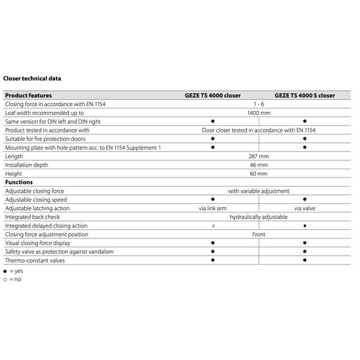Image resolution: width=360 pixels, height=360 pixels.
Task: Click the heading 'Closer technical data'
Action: pyautogui.click(x=32, y=78)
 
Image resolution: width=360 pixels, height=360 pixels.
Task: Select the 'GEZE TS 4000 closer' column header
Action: pyautogui.click(x=212, y=95)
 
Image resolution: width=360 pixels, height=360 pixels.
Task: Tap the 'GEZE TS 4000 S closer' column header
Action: pyautogui.click(x=305, y=95)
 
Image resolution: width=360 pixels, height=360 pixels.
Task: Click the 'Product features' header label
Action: pyautogui.click(x=28, y=95)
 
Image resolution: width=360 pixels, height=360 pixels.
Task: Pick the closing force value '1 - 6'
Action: pyautogui.click(x=259, y=104)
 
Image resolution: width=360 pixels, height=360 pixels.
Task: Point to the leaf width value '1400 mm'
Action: pyautogui.click(x=259, y=113)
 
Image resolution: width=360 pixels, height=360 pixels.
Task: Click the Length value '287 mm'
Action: pyautogui.click(x=259, y=156)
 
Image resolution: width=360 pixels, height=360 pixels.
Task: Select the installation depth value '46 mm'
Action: pyautogui.click(x=259, y=164)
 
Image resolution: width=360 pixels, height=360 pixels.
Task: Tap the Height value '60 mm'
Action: pyautogui.click(x=259, y=173)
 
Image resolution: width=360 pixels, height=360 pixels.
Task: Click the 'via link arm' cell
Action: pyautogui.click(x=212, y=208)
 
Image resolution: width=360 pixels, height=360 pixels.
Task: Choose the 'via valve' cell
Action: pyautogui.click(x=305, y=208)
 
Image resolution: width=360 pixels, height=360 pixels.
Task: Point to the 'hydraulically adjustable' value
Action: pyautogui.click(x=259, y=217)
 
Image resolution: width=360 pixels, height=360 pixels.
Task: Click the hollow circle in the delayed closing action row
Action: pyautogui.click(x=212, y=226)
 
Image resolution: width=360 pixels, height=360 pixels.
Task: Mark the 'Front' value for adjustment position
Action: pyautogui.click(x=259, y=234)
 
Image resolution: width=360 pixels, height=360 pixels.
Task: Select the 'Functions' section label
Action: pyautogui.click(x=19, y=182)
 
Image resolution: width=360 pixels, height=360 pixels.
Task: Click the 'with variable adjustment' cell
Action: pyautogui.click(x=259, y=191)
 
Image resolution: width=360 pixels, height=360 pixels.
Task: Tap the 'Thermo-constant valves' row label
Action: pyautogui.click(x=33, y=260)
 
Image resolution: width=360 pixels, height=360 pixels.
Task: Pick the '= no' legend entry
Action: pyautogui.click(x=14, y=280)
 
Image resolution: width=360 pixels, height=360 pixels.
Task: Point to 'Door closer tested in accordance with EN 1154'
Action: pyautogui.click(x=259, y=130)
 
